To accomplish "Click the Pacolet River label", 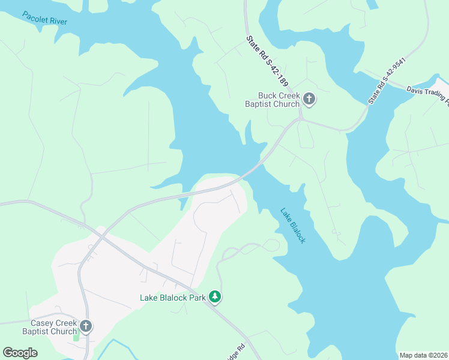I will (45, 17).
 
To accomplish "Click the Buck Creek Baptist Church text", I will (279, 100).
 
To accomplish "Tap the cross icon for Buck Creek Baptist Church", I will (309, 99).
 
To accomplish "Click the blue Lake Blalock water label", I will (294, 225).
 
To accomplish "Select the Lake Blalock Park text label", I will (173, 297).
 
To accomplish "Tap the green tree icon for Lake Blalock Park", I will (215, 296).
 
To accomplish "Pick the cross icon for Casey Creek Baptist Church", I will (86, 326).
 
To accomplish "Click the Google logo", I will (20, 353).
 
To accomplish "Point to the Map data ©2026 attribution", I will (423, 355).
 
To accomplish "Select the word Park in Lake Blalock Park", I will (198, 297).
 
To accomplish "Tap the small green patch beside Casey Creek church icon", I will (76, 337).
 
